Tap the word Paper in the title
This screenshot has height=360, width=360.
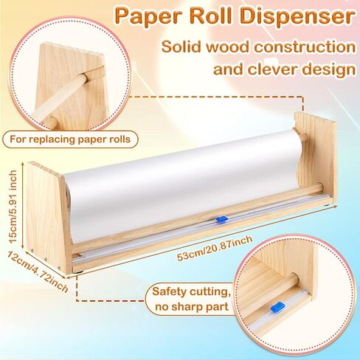tap(148, 16)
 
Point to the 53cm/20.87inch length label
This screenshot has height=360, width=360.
tap(215, 248)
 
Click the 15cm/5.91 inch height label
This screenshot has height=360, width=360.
tap(13, 207)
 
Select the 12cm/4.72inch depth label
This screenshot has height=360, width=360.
tap(37, 271)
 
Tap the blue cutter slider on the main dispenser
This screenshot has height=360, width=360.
tap(221, 220)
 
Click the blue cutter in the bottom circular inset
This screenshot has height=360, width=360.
tap(277, 307)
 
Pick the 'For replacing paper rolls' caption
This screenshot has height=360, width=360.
tap(70, 139)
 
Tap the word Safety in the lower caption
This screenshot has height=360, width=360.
tap(170, 291)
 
